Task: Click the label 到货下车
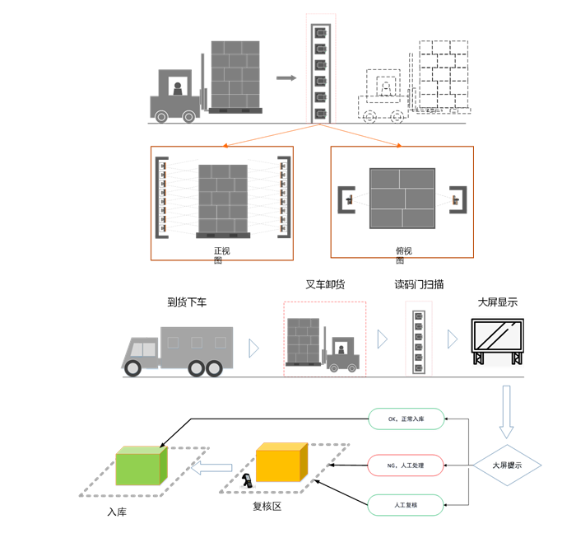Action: pos(187,302)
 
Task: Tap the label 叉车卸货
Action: pos(325,285)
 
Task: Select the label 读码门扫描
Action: pos(419,284)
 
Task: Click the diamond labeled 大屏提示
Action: pos(506,465)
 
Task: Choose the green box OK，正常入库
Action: pos(406,419)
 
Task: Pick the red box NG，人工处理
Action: pos(406,465)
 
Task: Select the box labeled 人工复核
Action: pos(406,504)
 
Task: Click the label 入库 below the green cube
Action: pos(117,512)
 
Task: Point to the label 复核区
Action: pos(267,506)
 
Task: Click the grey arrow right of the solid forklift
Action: pos(286,78)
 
